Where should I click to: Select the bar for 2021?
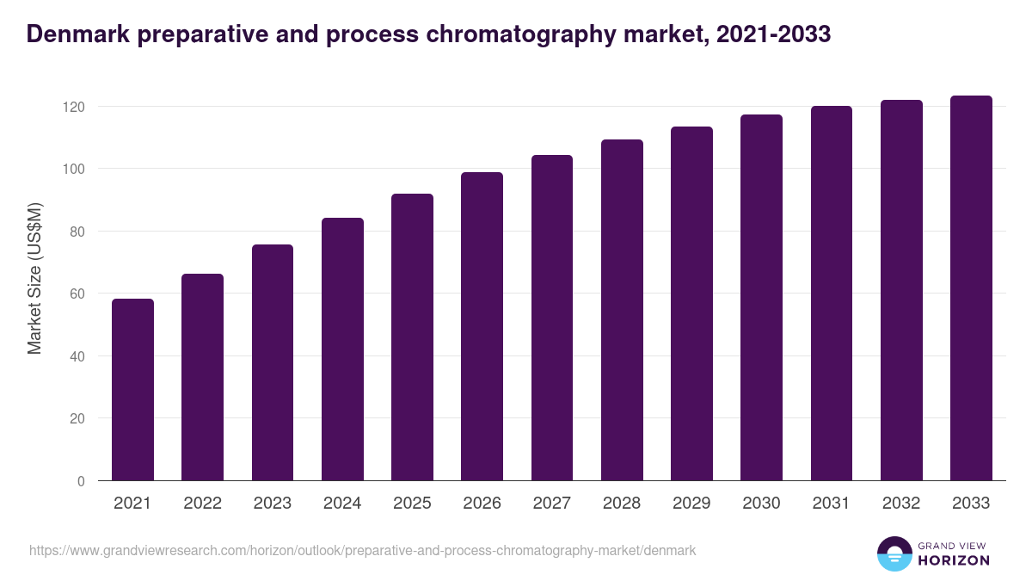(x=132, y=390)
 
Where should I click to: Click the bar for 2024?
(x=342, y=349)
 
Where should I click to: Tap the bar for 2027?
(x=552, y=318)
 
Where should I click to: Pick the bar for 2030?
(x=761, y=298)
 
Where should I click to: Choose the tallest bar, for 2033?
(x=971, y=288)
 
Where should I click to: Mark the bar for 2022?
(x=202, y=377)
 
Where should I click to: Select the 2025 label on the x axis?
(x=412, y=504)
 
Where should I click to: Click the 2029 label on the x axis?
(x=691, y=504)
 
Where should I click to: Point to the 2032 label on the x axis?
(x=901, y=504)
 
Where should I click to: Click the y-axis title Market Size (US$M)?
(x=34, y=277)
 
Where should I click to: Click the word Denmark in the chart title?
(x=75, y=34)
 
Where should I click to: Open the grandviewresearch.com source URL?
(x=362, y=550)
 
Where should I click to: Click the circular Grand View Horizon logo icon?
(x=894, y=553)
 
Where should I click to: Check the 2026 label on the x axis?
(x=482, y=504)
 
